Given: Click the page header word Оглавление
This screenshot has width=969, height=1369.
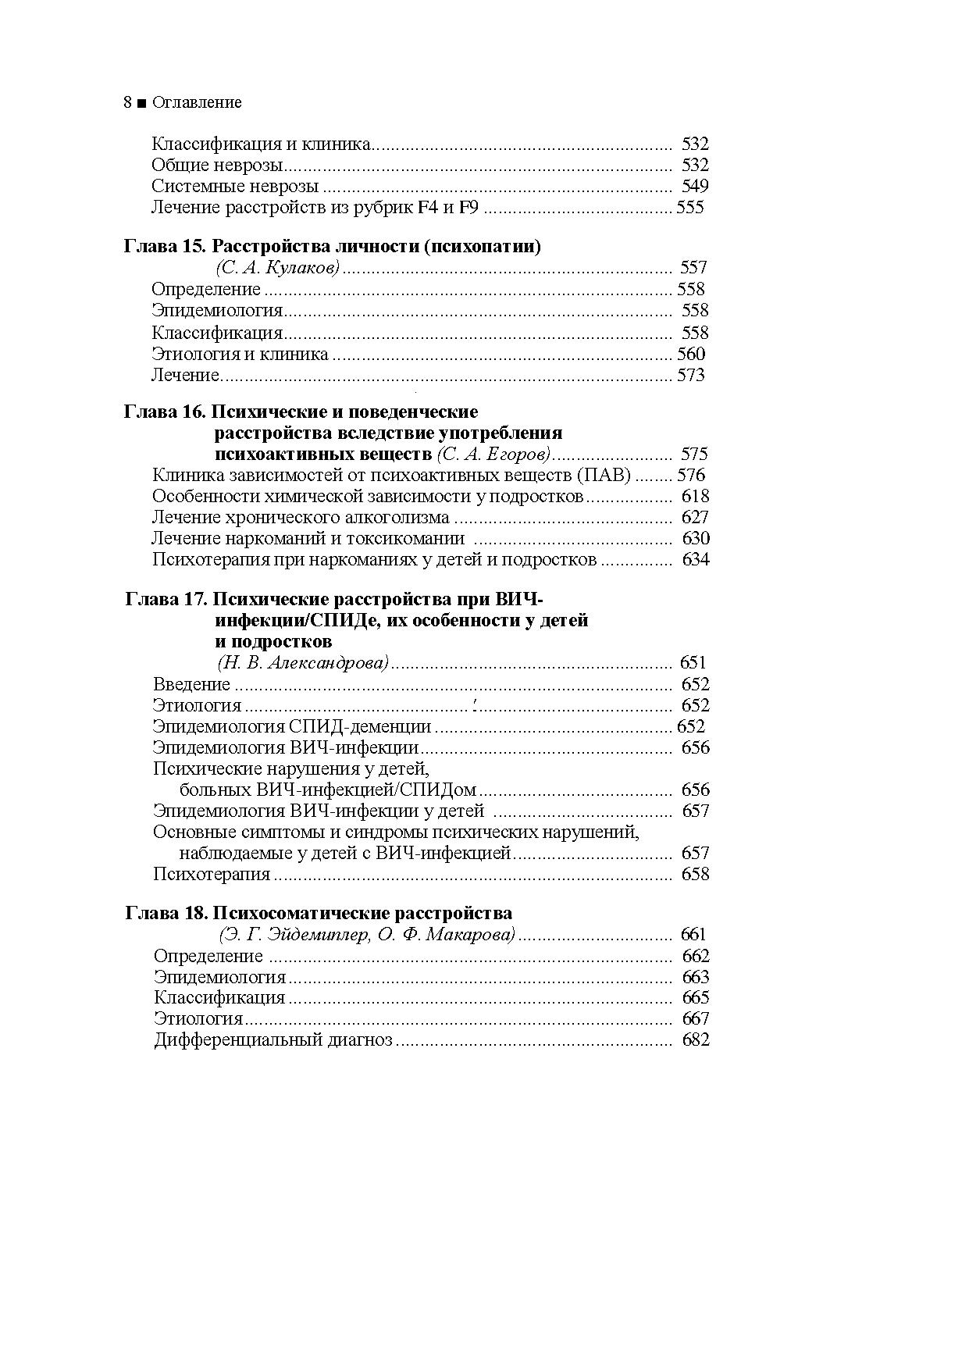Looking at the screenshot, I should click(x=197, y=102).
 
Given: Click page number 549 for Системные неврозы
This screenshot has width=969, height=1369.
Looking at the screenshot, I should click(x=695, y=186).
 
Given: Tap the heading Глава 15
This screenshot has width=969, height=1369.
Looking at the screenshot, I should click(x=165, y=247).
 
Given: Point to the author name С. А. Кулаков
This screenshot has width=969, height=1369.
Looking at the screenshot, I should click(x=277, y=268).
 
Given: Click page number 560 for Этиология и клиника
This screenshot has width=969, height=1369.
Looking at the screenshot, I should click(x=691, y=354).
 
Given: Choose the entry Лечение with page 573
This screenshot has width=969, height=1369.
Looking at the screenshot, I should click(x=185, y=375).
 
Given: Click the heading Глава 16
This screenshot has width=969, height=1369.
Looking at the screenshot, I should click(x=165, y=412).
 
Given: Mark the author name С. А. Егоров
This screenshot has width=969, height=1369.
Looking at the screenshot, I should click(x=493, y=454).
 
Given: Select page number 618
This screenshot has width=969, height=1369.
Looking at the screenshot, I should click(x=695, y=496).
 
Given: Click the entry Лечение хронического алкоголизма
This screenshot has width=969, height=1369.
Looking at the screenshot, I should click(x=301, y=517).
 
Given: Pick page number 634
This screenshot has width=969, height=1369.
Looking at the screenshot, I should click(x=696, y=559).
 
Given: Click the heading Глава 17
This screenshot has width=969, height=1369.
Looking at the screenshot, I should click(x=166, y=600).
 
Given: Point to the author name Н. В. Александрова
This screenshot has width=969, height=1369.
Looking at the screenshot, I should click(x=303, y=663).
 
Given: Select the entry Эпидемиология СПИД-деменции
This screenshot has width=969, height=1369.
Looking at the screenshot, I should click(x=292, y=726).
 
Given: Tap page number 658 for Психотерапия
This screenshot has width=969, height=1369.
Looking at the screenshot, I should click(x=695, y=874).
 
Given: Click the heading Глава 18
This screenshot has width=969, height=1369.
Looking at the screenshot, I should click(x=166, y=914).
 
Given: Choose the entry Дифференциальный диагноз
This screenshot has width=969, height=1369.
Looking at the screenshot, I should click(x=273, y=1039).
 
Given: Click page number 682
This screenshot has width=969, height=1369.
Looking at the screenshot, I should click(x=696, y=1039).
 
